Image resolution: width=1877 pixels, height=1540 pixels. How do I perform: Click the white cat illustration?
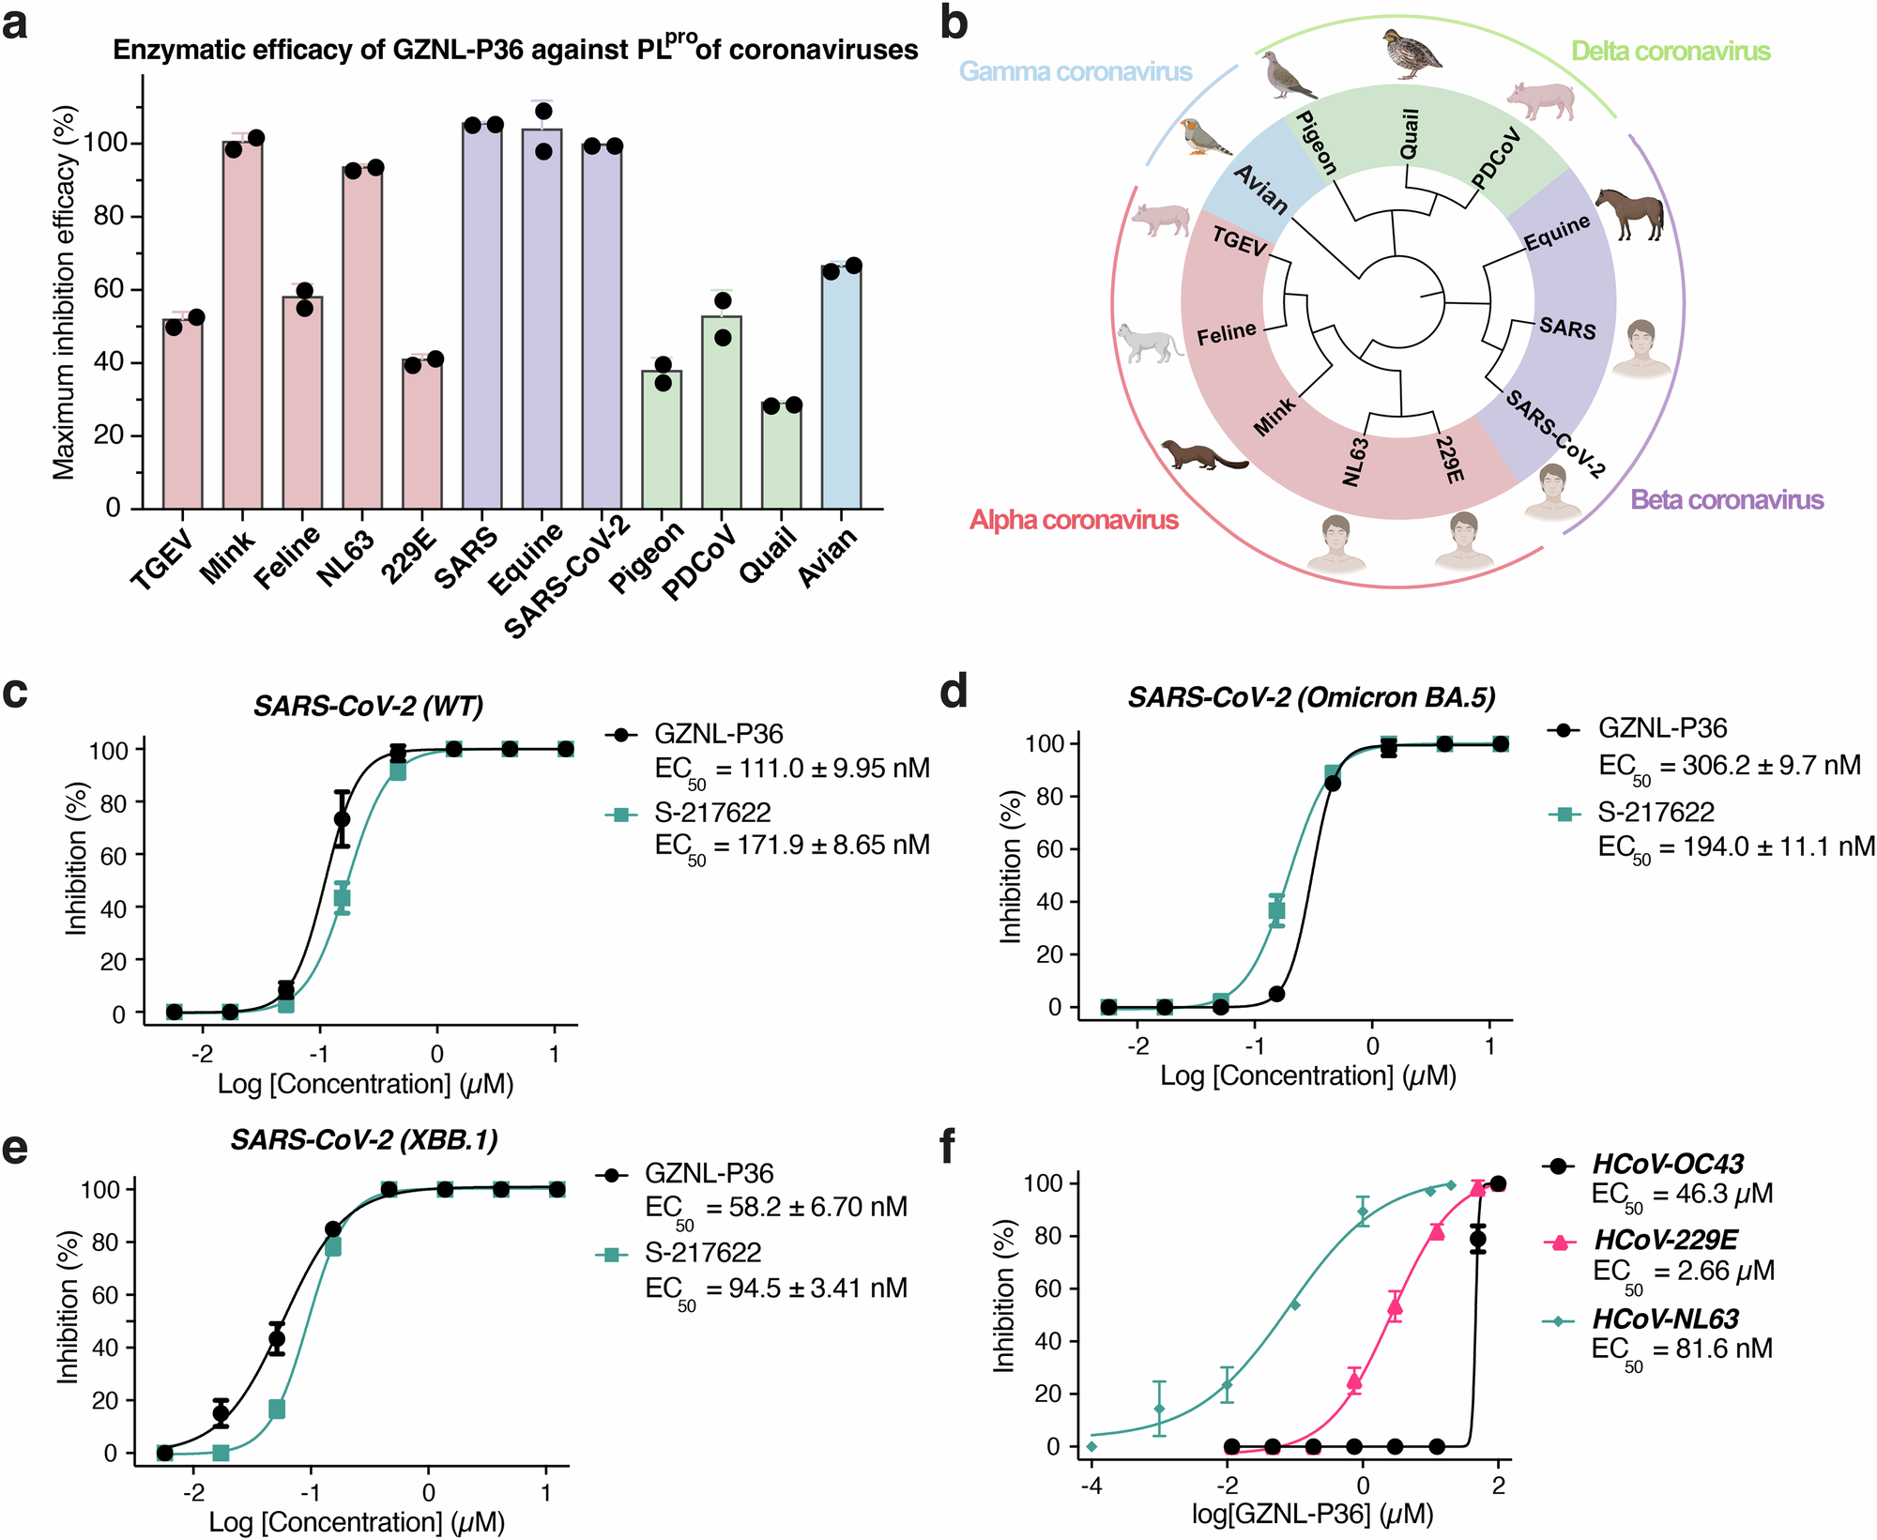pyautogui.click(x=1150, y=343)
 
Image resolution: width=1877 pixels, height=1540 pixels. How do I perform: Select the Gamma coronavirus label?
pyautogui.click(x=1075, y=72)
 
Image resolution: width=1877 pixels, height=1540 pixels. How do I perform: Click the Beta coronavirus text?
pyautogui.click(x=1727, y=500)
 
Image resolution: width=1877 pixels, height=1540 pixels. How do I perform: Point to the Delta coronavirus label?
pyautogui.click(x=1671, y=52)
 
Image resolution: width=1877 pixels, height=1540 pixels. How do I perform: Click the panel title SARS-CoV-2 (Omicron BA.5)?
pyautogui.click(x=1311, y=697)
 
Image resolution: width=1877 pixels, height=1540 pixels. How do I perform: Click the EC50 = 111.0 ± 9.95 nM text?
pyautogui.click(x=791, y=770)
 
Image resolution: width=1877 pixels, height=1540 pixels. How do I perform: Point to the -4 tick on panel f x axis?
pyautogui.click(x=1091, y=1486)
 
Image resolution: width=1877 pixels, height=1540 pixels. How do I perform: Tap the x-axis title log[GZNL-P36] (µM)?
pyautogui.click(x=1312, y=1514)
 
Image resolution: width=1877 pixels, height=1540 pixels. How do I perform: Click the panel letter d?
pyautogui.click(x=954, y=693)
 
